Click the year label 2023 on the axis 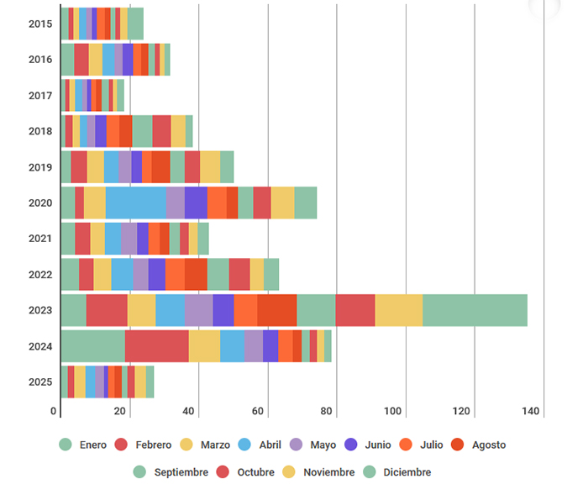click(x=39, y=310)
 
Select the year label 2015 click(x=39, y=24)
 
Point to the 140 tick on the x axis click(x=530, y=411)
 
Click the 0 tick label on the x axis click(x=55, y=411)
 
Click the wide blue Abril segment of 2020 click(x=135, y=203)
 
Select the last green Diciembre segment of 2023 click(x=475, y=310)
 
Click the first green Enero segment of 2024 click(x=92, y=346)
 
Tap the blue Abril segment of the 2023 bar click(x=170, y=310)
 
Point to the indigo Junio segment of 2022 click(x=156, y=274)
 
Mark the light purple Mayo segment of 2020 click(x=175, y=203)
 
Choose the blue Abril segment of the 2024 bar click(x=233, y=346)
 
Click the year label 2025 click(x=39, y=382)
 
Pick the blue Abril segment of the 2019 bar click(x=111, y=166)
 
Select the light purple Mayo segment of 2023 click(x=198, y=310)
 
